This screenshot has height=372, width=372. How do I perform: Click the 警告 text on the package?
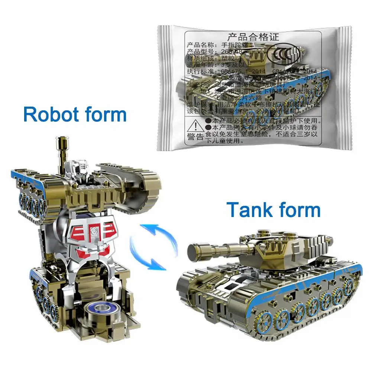[195, 137]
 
